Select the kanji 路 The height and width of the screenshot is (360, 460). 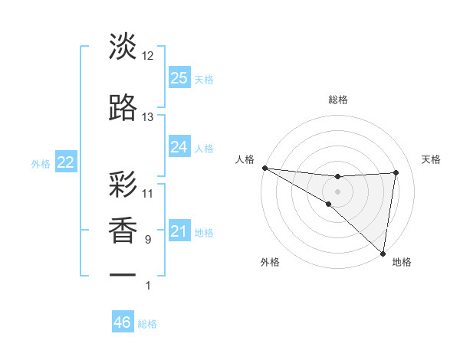click(123, 107)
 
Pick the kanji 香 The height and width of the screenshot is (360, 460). click(123, 231)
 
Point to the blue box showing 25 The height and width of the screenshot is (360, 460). click(179, 77)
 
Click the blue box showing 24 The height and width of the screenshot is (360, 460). click(179, 146)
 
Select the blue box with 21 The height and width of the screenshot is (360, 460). click(179, 232)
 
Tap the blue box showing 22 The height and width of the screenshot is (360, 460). click(66, 162)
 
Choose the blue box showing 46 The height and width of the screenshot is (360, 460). click(123, 322)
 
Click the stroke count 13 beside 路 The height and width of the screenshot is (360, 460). click(148, 117)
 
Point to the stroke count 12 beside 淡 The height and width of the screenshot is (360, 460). click(148, 56)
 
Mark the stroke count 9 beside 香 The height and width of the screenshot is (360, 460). click(148, 240)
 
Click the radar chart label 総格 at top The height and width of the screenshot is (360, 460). click(337, 100)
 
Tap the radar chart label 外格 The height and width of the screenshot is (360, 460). click(270, 262)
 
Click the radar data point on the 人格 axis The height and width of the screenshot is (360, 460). click(264, 168)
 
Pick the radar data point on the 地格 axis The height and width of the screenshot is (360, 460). click(383, 252)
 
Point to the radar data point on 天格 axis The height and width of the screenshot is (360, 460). click(396, 172)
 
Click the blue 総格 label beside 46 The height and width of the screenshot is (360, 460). click(147, 324)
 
